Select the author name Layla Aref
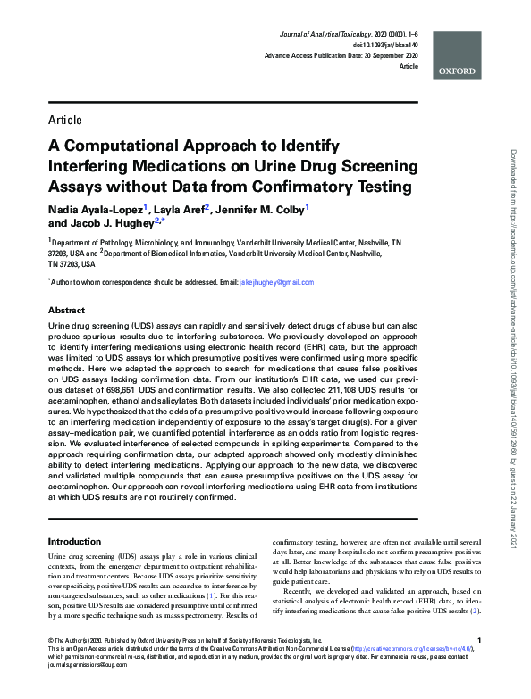point(179,209)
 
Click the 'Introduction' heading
point(73,541)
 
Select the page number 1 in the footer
point(480,665)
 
